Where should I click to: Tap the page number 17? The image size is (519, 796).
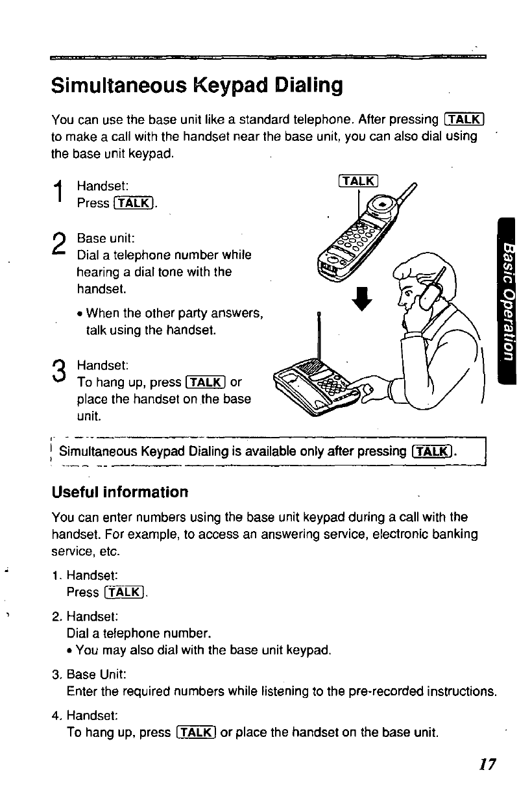(x=487, y=764)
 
